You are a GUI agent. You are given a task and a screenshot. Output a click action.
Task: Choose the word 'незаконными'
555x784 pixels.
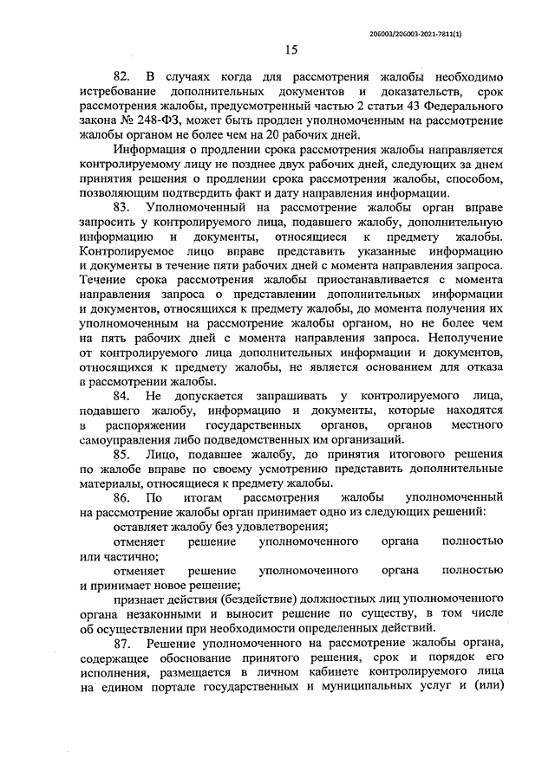tap(153, 612)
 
